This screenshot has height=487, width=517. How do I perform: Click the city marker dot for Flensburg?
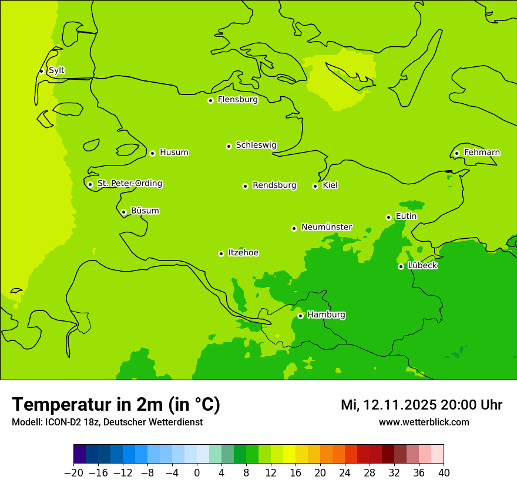point(210,100)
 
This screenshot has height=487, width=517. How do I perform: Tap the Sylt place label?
point(56,70)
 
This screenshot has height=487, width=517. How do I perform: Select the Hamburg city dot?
point(300,316)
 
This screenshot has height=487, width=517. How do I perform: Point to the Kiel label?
point(330,185)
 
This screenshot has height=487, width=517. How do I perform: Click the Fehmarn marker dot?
point(456,153)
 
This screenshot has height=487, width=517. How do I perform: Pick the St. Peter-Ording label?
point(130,184)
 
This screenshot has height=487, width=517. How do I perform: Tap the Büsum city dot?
point(123,212)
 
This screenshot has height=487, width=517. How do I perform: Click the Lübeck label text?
point(422,266)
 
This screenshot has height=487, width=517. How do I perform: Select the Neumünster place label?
point(327,227)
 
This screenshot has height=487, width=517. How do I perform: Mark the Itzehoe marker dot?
point(221,253)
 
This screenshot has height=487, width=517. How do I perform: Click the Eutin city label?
point(406,217)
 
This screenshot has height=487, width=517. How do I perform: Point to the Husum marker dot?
point(152,153)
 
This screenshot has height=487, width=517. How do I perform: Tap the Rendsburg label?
point(274,185)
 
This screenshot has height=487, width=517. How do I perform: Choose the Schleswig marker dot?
point(229,146)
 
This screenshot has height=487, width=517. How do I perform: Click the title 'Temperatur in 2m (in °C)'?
point(116,405)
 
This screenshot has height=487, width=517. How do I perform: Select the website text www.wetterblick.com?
point(424,422)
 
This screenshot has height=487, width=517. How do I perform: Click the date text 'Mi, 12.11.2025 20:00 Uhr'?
point(421,405)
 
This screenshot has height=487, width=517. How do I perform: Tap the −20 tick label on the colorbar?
point(73,473)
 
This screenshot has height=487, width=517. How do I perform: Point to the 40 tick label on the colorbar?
point(444,473)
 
